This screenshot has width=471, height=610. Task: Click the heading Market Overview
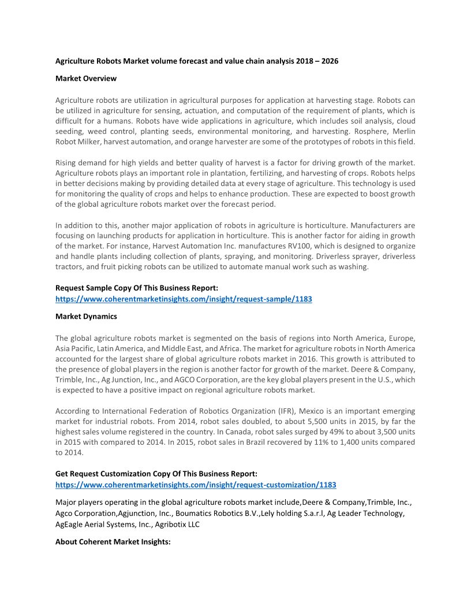85,78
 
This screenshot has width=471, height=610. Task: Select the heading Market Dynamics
86,316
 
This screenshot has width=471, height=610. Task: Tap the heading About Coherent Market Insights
113,542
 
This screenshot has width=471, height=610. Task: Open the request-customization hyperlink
196,485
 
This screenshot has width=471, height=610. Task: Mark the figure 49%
315,432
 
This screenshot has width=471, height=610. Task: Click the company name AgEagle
70,524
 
